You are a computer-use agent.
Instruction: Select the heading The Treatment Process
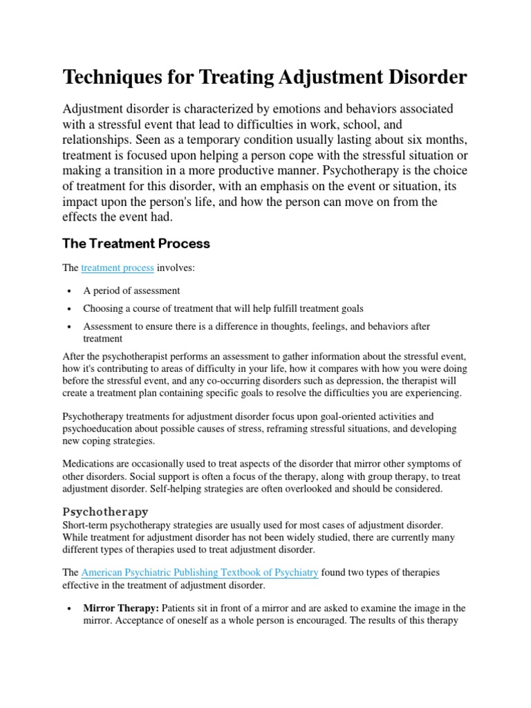(136, 243)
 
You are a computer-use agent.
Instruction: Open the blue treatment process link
(118, 268)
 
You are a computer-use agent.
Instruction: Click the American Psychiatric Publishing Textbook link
(200, 572)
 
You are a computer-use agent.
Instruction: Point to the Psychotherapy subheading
(105, 512)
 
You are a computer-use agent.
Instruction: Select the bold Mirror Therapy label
(121, 608)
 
